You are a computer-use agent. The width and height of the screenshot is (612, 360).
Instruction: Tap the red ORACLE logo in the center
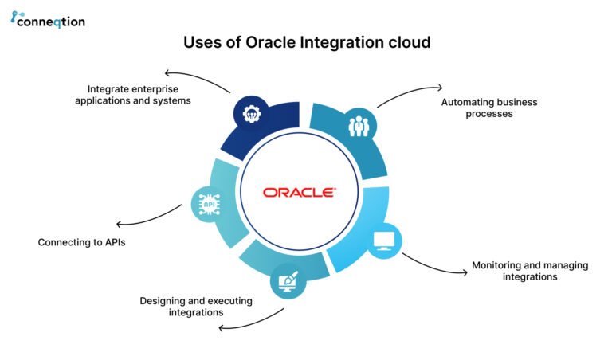coord(300,192)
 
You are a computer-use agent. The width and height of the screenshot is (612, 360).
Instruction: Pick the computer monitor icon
coord(383,241)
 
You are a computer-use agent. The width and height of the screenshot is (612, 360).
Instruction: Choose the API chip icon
coord(210,204)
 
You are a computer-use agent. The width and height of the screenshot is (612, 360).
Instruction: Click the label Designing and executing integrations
coord(196,307)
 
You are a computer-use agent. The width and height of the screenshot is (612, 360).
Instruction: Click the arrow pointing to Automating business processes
coord(410,92)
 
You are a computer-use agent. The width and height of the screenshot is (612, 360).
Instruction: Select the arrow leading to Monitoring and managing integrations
coord(433,265)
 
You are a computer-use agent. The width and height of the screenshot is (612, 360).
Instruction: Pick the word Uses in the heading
coord(202,43)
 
